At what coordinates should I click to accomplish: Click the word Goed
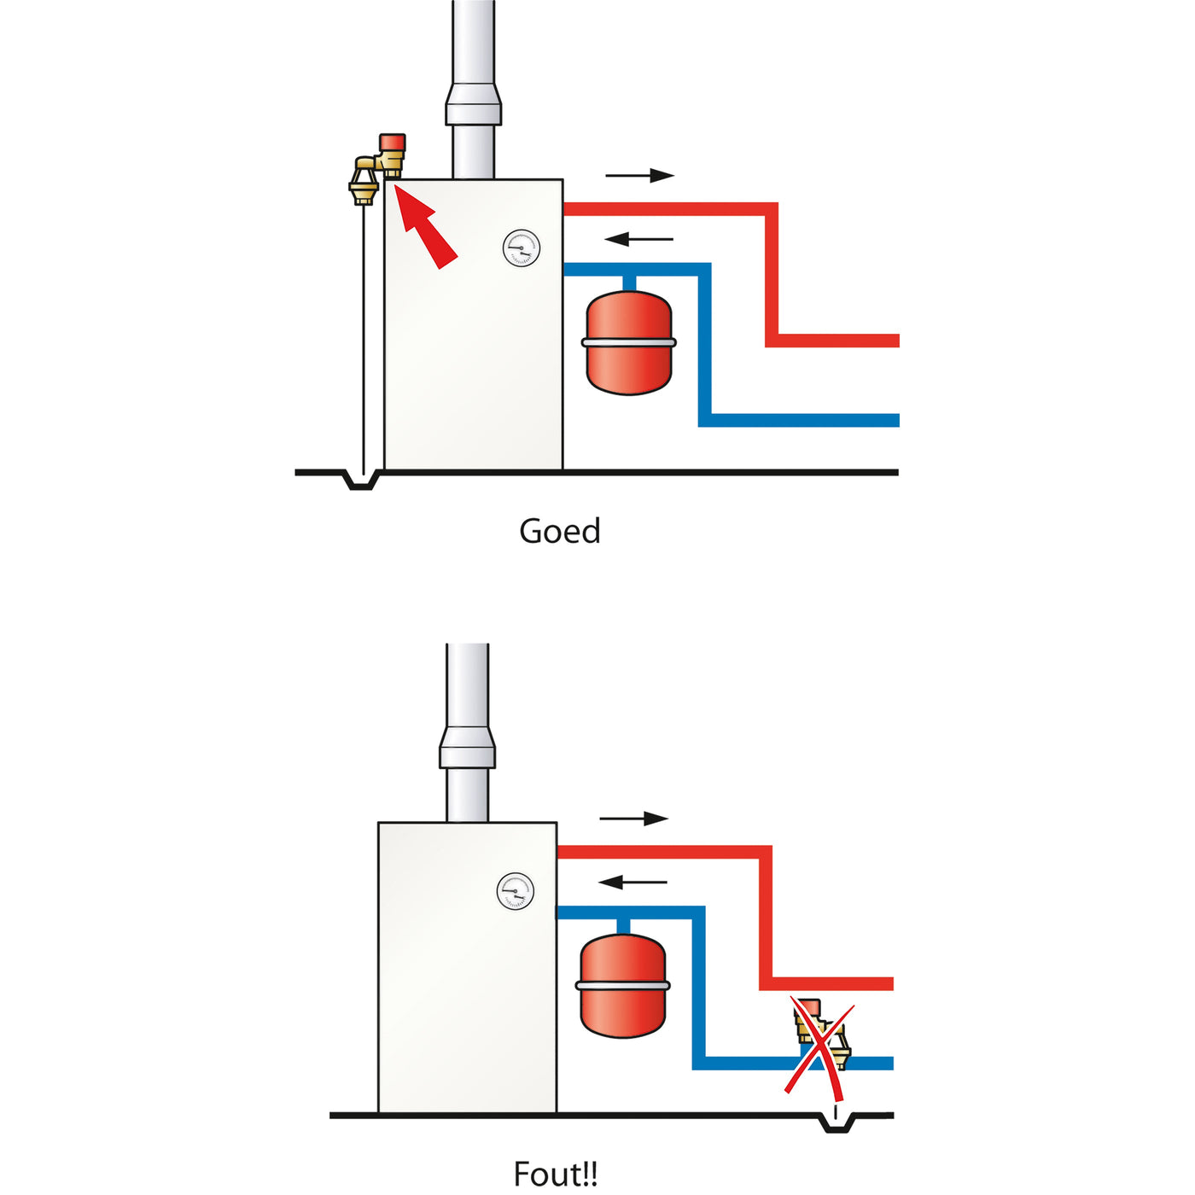[x=560, y=531]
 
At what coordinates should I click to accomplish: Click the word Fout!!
[x=556, y=1174]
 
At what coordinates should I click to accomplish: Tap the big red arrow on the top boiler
[x=427, y=228]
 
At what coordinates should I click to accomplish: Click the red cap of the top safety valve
[x=393, y=142]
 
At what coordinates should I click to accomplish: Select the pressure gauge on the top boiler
[x=521, y=248]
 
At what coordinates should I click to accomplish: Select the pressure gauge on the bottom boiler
[x=515, y=892]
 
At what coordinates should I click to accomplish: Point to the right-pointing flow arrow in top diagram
[x=639, y=176]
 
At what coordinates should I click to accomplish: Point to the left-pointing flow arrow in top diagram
[x=639, y=239]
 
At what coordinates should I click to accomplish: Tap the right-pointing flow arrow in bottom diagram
[x=633, y=819]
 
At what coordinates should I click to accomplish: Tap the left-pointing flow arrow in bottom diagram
[x=633, y=882]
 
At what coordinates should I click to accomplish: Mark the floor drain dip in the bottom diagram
[x=837, y=1124]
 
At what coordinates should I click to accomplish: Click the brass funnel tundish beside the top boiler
[x=364, y=182]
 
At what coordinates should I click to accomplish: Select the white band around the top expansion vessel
[x=629, y=342]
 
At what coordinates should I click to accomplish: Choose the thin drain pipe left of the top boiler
[x=364, y=341]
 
